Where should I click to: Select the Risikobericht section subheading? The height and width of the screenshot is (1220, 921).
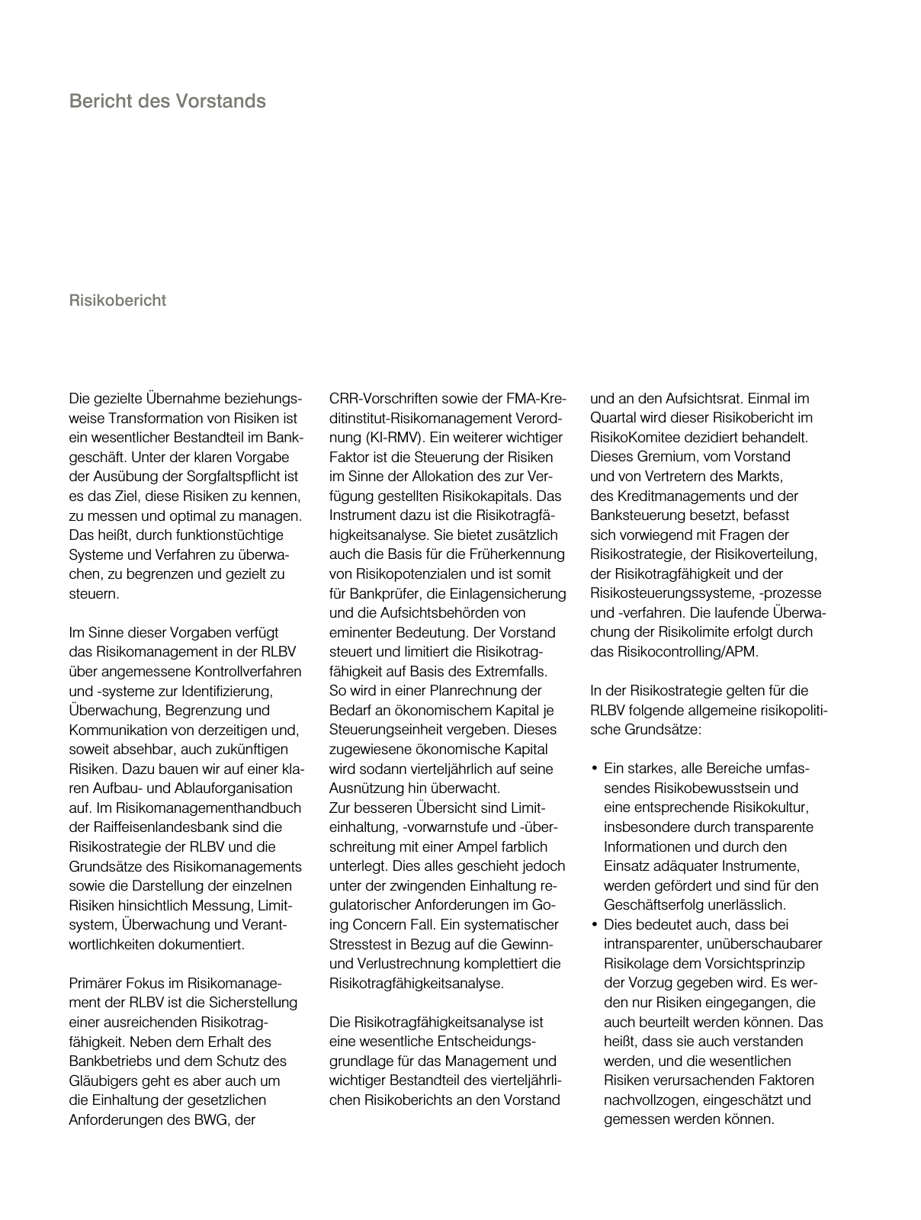coord(117,300)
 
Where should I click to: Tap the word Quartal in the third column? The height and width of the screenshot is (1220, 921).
coord(612,418)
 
